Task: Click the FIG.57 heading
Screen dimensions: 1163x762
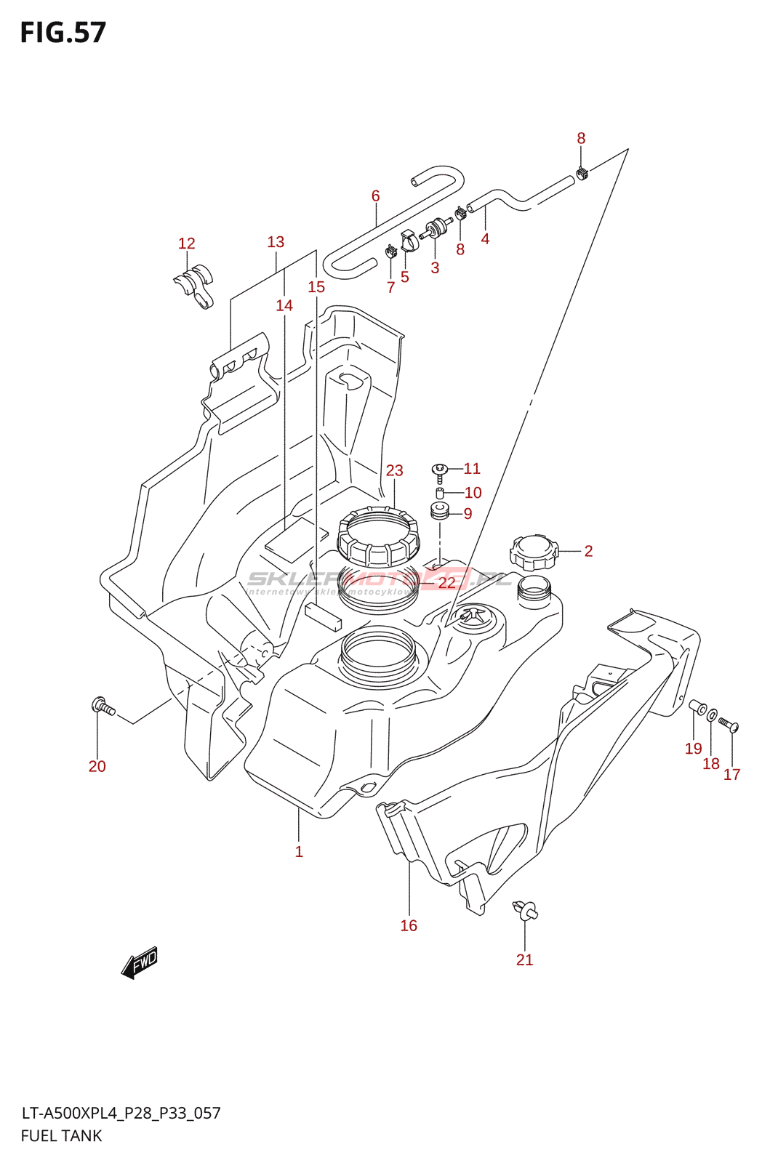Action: click(63, 33)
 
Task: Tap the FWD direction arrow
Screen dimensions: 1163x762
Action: click(140, 962)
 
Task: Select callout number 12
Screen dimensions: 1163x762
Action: click(187, 244)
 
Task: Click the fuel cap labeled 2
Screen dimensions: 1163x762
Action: click(534, 552)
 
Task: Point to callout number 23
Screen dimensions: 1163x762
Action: click(394, 470)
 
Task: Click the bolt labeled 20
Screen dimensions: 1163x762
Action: click(103, 706)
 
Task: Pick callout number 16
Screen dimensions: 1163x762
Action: click(409, 925)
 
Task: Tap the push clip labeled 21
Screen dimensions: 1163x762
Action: click(525, 909)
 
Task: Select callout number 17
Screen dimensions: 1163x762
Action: click(731, 775)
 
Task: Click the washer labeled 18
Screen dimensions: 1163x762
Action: click(712, 715)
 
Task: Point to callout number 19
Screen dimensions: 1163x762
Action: click(694, 749)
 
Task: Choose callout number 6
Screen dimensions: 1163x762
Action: click(375, 196)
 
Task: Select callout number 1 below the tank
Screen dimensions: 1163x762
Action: click(299, 851)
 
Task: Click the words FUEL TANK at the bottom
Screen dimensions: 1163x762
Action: click(61, 1135)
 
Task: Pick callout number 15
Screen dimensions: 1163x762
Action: click(316, 287)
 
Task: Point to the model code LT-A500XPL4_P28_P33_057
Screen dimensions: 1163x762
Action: click(121, 1113)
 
